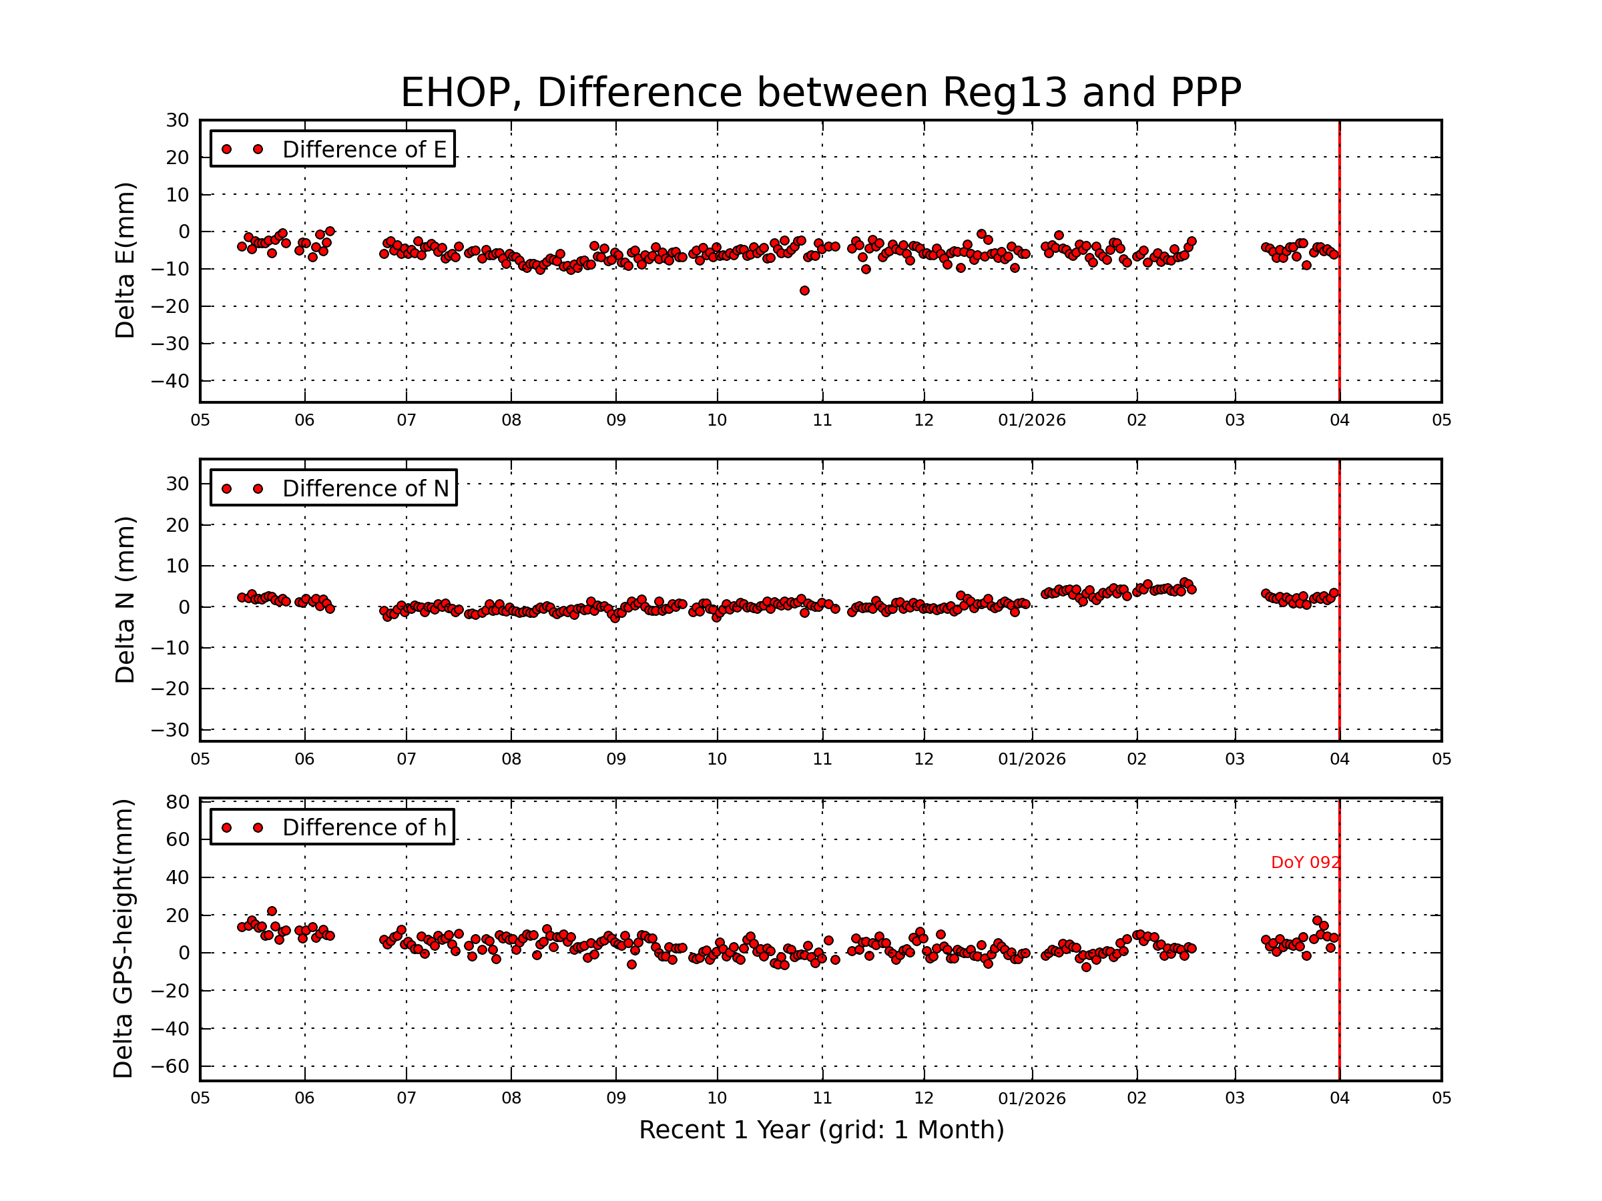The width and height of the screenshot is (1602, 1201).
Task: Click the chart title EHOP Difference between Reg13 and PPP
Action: [820, 93]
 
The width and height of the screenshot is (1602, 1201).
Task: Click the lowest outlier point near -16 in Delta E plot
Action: [804, 290]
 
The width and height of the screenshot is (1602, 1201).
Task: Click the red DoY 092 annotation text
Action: [1305, 862]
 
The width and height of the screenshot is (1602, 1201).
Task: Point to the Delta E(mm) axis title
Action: [125, 260]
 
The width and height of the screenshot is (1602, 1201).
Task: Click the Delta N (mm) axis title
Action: [125, 599]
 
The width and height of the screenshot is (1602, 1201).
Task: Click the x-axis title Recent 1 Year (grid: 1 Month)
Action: [821, 1130]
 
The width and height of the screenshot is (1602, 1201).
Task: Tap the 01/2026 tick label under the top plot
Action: [1031, 420]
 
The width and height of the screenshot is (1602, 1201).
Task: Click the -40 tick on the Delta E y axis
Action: [170, 381]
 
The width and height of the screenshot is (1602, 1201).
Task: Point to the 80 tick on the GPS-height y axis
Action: [178, 801]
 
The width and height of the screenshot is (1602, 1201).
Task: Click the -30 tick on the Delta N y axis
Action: [170, 730]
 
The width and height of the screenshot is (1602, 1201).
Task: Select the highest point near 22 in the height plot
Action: [272, 911]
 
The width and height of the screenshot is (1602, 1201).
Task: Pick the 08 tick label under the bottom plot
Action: [511, 1098]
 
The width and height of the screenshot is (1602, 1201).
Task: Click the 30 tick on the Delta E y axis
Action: [178, 120]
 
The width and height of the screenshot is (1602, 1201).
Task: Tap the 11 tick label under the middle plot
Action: [822, 759]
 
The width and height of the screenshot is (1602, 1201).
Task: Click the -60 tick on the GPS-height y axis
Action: [170, 1066]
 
